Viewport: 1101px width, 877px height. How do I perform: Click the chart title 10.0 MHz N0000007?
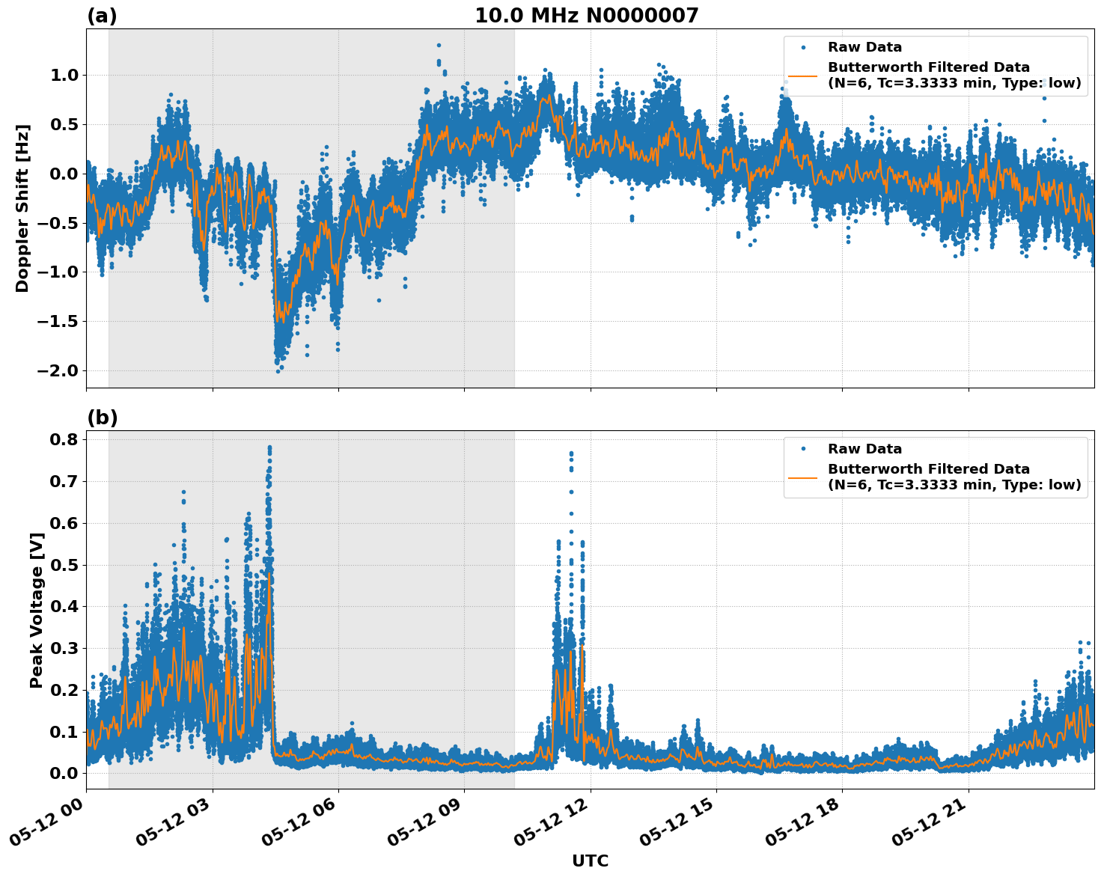pos(586,16)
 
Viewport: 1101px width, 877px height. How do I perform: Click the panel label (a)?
pos(102,16)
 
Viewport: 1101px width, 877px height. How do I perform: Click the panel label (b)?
pos(102,418)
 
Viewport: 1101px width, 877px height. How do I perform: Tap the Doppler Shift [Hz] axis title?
pos(22,208)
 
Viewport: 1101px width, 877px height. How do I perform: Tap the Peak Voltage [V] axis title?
pos(36,610)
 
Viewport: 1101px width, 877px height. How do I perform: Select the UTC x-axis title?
pos(590,861)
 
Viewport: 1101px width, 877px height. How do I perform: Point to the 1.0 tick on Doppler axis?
pos(65,75)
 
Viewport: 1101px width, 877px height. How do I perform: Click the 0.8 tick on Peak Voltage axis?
pos(65,439)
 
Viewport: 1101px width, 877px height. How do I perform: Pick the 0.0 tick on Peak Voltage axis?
pos(65,773)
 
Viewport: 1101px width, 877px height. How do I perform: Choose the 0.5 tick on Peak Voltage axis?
pos(65,564)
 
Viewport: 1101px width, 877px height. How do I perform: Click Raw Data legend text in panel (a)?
pos(864,47)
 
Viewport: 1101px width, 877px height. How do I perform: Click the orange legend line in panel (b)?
pos(802,477)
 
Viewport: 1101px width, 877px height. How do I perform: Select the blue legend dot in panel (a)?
pos(802,47)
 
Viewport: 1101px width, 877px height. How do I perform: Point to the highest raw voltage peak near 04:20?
pos(269,447)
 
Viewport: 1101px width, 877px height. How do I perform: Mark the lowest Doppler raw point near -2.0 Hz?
pos(278,371)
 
